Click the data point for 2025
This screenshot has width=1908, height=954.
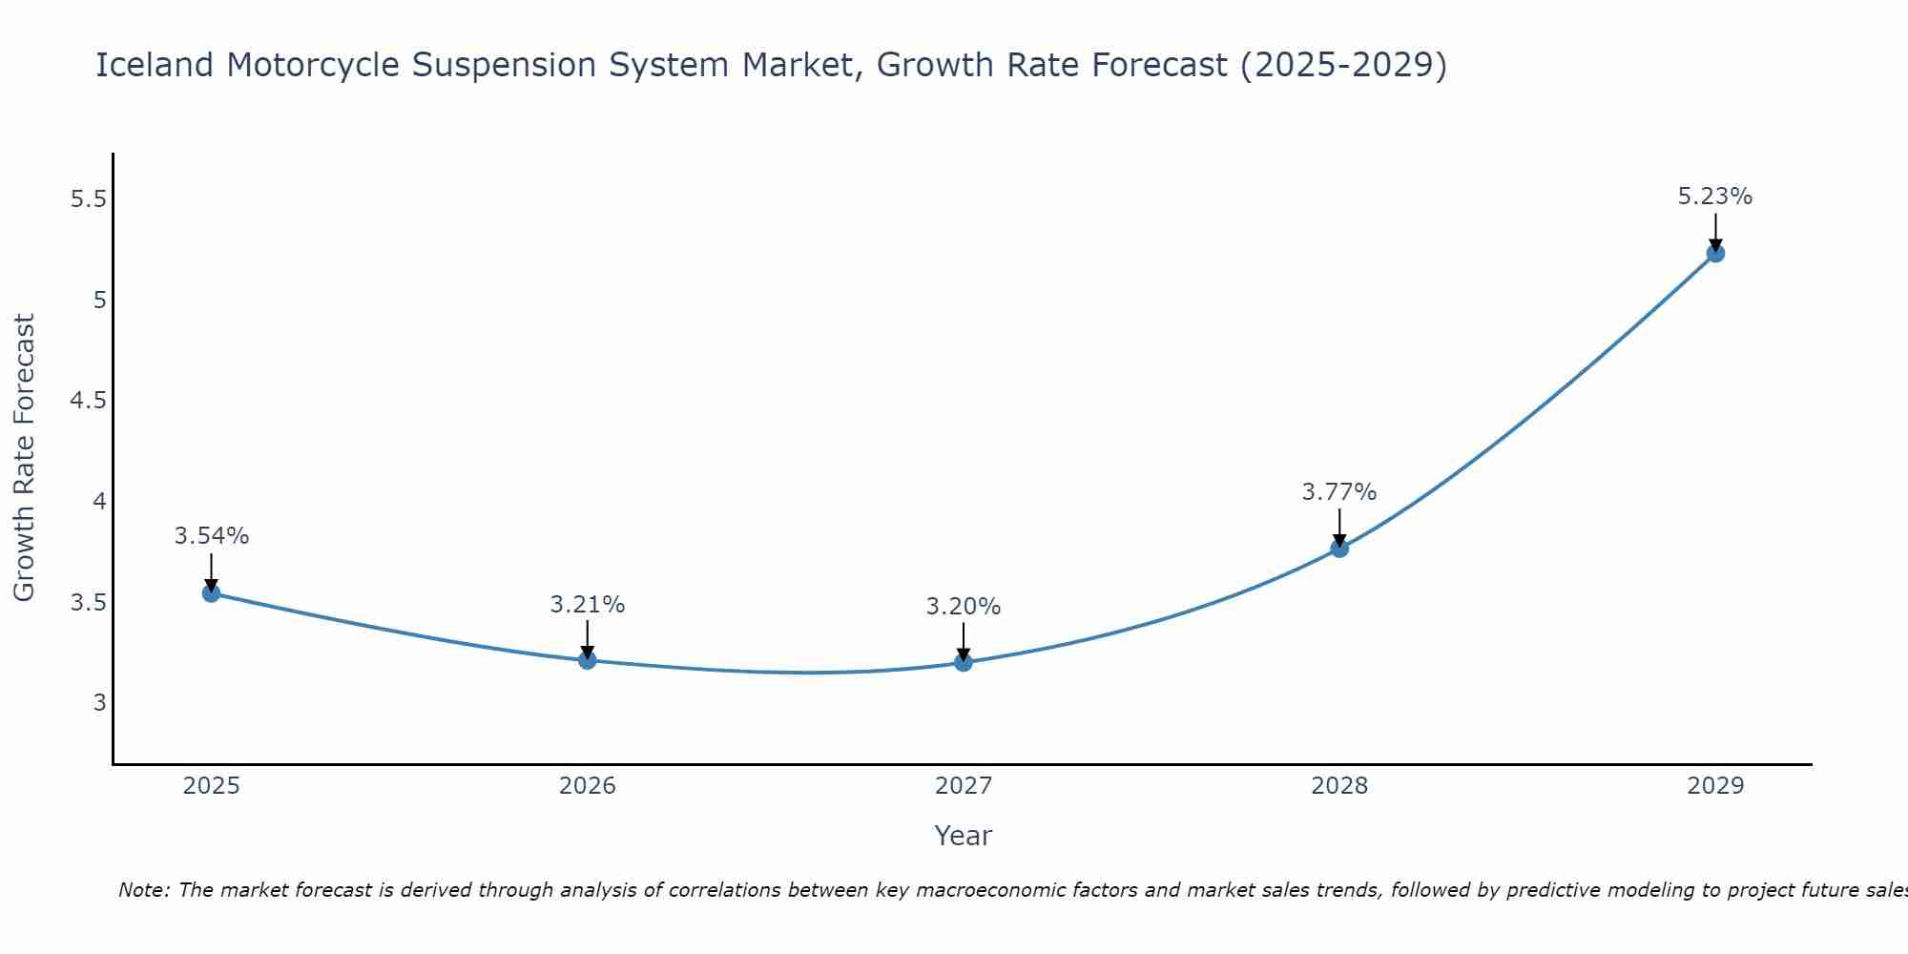pos(211,593)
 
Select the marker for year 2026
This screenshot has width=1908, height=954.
pos(587,660)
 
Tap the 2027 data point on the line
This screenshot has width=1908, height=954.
pos(963,662)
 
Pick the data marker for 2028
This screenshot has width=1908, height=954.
pos(1338,548)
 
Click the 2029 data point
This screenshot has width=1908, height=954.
pos(1714,253)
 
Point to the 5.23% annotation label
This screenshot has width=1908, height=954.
pos(1714,197)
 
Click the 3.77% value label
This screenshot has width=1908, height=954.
pos(1338,492)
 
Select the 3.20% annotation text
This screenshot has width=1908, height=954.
pos(963,607)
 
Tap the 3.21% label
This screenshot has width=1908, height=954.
pos(587,605)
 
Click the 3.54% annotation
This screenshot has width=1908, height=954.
pos(211,536)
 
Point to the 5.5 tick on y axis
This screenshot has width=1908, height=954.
pos(89,199)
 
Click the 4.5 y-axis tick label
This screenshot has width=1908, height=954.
pos(89,401)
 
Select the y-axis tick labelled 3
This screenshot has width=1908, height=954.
pos(99,703)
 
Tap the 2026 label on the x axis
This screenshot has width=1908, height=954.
pos(587,786)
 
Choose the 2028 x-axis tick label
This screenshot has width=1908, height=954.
pos(1338,786)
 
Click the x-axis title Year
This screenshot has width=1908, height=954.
pos(963,836)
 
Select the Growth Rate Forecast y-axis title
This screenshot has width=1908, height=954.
pos(25,458)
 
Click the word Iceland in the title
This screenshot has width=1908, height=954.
pos(155,65)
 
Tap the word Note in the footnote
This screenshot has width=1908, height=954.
pos(143,890)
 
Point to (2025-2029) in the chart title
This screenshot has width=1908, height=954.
pos(1342,65)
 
